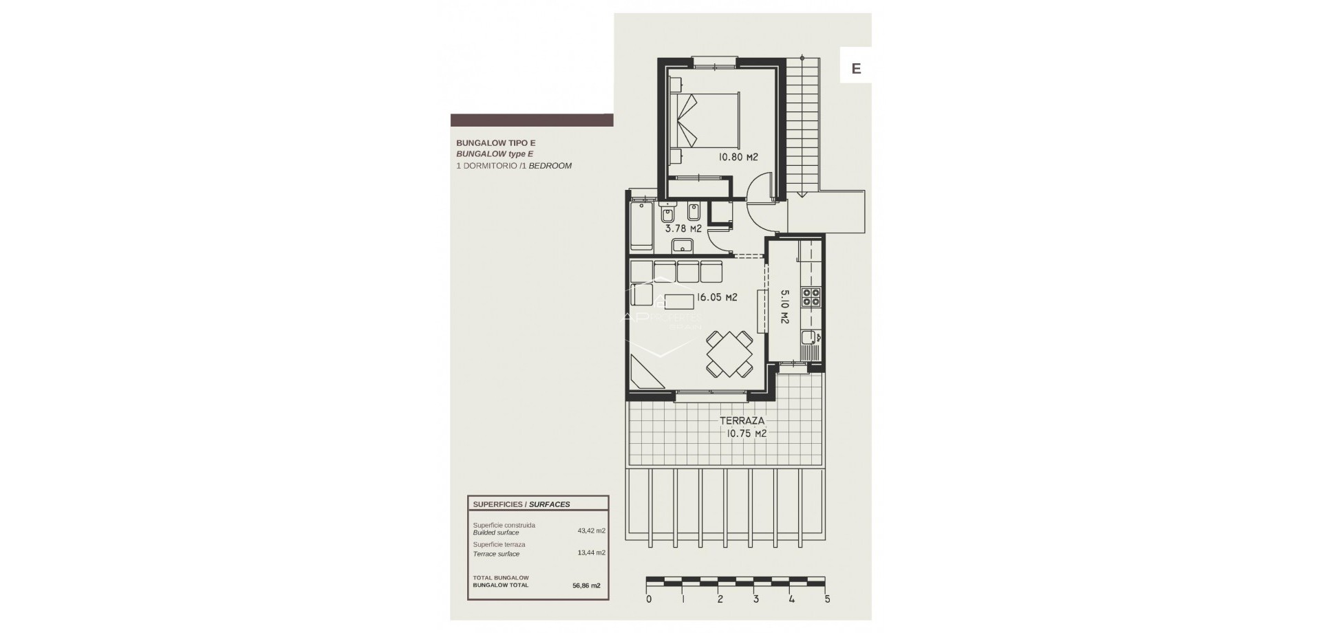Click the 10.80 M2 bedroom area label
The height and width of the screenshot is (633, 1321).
tap(738, 158)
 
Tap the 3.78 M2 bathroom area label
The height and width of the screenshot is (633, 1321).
tap(683, 229)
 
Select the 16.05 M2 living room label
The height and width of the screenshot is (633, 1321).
tap(716, 298)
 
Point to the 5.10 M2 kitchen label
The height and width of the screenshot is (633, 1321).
tap(784, 306)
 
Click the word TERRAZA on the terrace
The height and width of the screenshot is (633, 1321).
tap(742, 421)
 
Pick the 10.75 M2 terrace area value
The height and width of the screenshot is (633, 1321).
tap(747, 434)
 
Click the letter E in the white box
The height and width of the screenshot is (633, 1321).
tap(856, 69)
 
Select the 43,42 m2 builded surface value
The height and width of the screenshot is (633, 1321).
tap(591, 530)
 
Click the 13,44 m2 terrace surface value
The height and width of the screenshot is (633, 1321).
tap(591, 552)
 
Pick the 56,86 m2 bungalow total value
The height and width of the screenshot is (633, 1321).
tap(586, 586)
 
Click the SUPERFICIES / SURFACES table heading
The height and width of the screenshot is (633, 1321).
tap(521, 504)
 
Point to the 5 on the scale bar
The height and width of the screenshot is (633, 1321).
tap(827, 599)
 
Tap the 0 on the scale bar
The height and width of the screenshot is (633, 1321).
tap(648, 599)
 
